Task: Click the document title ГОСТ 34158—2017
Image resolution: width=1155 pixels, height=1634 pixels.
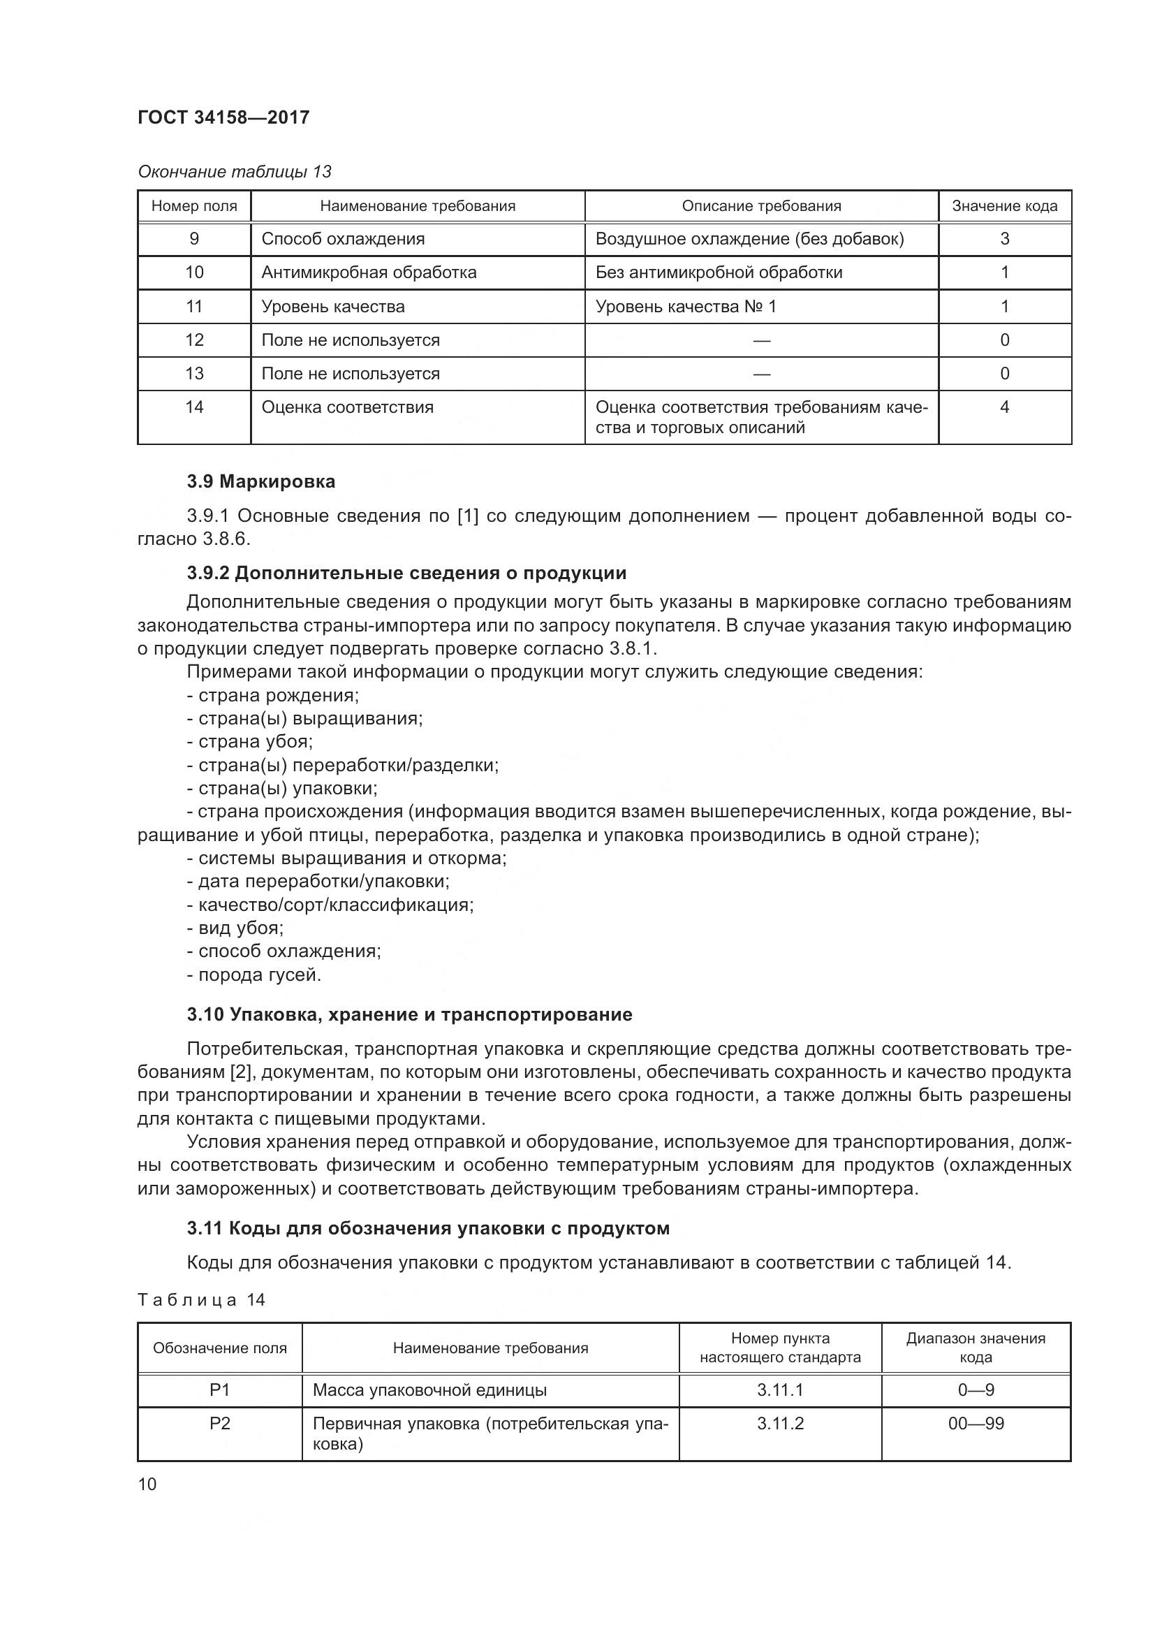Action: tap(223, 117)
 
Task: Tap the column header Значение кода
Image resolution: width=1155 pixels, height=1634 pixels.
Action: tap(1003, 206)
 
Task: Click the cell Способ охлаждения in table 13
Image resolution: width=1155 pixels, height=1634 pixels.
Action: tap(343, 239)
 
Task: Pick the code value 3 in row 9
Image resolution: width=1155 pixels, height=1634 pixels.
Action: tap(1004, 239)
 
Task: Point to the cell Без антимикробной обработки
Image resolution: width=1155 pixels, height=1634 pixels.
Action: tap(719, 272)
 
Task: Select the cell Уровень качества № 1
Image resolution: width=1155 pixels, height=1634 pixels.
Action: tap(686, 307)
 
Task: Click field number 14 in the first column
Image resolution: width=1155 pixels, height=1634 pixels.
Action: tap(194, 407)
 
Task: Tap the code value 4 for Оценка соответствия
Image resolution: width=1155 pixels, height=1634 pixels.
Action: tap(1004, 407)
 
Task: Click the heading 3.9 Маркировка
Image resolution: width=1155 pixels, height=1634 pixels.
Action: tap(261, 482)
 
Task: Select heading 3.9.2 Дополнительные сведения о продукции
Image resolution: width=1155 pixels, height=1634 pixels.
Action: tap(406, 573)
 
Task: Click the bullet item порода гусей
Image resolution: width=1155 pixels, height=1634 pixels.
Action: tap(254, 975)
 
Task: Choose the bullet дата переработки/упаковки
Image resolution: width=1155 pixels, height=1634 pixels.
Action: tap(318, 881)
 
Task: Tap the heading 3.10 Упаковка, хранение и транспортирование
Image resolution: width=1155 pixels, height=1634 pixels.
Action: tap(410, 1014)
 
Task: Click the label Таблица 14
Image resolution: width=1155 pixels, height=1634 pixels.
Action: tap(201, 1299)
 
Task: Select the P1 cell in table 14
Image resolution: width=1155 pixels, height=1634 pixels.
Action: tap(220, 1390)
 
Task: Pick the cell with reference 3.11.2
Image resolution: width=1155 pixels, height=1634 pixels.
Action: tap(779, 1423)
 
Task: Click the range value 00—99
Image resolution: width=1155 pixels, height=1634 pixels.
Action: tap(975, 1423)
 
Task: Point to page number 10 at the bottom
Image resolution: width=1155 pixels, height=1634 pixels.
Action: tap(147, 1484)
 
